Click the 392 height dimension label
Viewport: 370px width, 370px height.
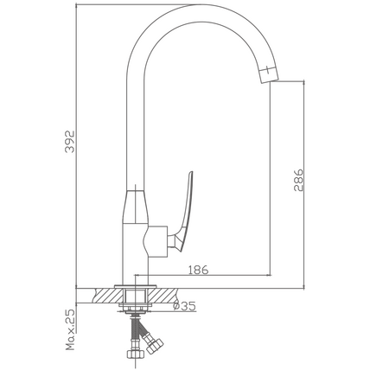(70, 142)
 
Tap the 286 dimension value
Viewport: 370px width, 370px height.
(298, 181)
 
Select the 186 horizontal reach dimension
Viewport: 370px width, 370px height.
(198, 270)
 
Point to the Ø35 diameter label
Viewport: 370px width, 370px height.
(184, 306)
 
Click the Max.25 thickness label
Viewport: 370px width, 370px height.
(70, 330)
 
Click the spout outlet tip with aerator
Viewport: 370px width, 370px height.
(269, 73)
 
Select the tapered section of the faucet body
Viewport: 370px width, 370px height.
(136, 207)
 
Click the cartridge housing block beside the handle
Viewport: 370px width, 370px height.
(156, 241)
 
